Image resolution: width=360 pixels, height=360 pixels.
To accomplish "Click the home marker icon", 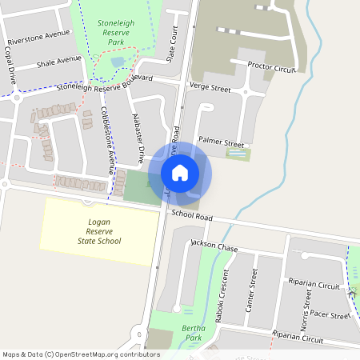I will click(180, 172).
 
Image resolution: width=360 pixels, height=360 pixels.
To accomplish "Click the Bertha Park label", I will click(194, 333).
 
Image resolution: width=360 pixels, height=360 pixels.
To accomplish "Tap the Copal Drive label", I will click(10, 71).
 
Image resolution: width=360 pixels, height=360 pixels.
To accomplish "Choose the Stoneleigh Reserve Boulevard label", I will click(104, 83).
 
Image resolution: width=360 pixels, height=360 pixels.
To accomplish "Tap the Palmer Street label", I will click(221, 140).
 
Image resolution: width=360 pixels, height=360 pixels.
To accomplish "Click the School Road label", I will click(191, 216).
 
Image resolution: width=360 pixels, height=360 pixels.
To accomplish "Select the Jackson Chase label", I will click(214, 247).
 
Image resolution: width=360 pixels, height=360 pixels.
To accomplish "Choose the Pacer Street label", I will click(330, 316).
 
